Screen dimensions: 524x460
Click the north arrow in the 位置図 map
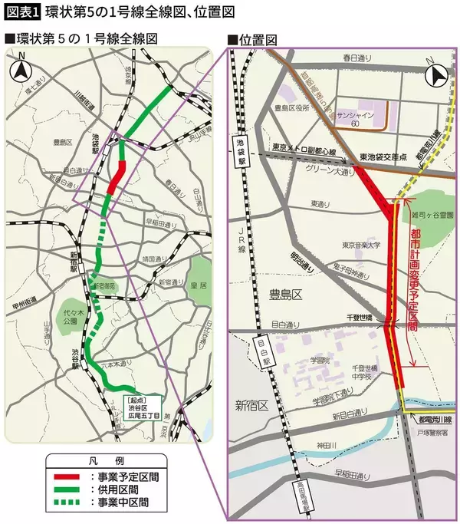pos(437,75)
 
